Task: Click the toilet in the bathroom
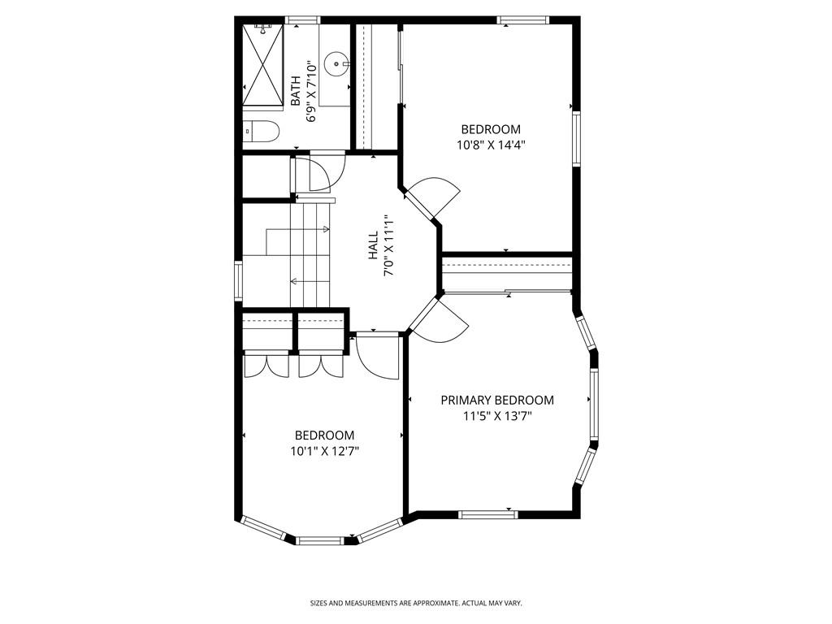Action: (262, 131)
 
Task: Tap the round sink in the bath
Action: (336, 62)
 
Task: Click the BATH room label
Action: (296, 91)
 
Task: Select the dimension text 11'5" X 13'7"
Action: (497, 416)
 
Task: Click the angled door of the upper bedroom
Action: (432, 198)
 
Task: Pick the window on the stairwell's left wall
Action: (238, 280)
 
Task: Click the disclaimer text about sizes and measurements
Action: (415, 603)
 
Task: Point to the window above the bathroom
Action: (301, 19)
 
